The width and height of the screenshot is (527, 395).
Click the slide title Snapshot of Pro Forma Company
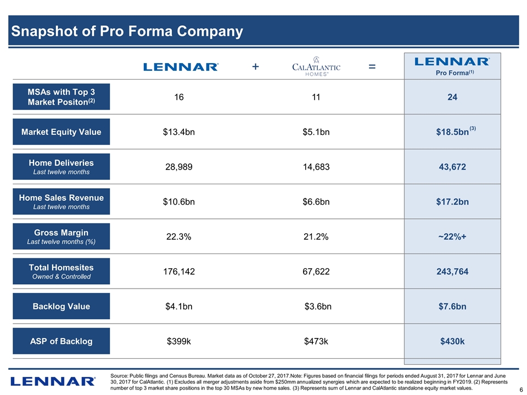coord(126,32)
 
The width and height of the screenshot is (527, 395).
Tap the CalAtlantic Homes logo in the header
coord(316,67)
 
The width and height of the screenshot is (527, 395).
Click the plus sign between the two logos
coord(255,66)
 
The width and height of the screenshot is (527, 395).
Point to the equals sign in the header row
coord(372,66)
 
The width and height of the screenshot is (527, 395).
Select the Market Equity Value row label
coord(61,132)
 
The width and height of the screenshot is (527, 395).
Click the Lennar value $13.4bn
coord(178,132)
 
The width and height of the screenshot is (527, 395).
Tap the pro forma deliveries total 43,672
coord(452,167)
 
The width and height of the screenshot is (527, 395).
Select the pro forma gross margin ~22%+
coord(452,236)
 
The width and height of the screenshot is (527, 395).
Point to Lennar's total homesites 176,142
coord(178,272)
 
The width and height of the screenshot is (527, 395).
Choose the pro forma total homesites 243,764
coord(452,272)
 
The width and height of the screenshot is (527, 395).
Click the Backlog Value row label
coord(61,306)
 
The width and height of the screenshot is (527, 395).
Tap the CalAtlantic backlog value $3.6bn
coord(318,306)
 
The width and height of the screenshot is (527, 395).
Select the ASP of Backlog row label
coord(61,341)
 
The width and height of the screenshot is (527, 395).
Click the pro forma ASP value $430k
coord(452,341)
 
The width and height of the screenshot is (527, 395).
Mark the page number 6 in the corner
coord(520,390)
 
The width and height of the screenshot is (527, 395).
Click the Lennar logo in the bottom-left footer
coord(53,381)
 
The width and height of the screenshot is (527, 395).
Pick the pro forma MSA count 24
coord(452,97)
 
